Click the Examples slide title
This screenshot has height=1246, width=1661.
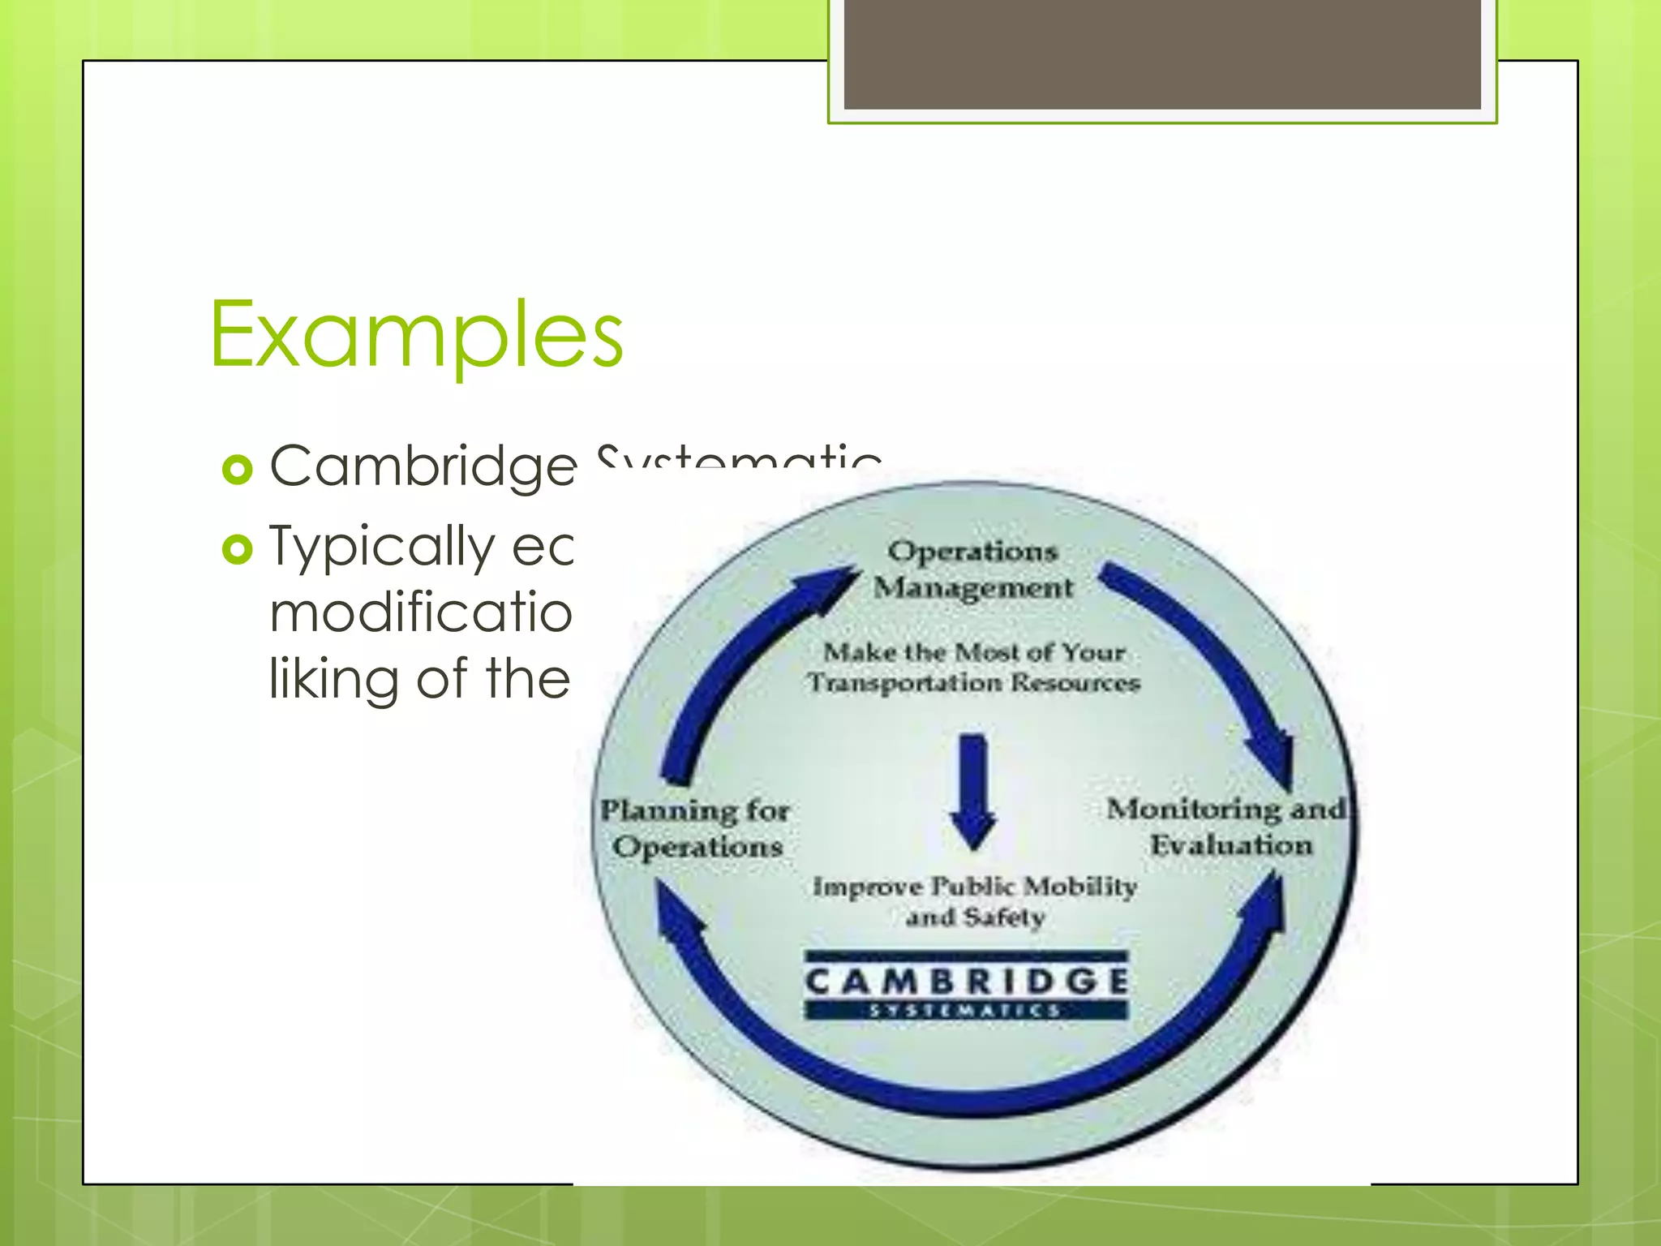[416, 334]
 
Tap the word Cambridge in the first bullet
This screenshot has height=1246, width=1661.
[423, 467]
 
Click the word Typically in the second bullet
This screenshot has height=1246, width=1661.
[381, 547]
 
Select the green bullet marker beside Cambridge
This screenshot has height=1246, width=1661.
[238, 470]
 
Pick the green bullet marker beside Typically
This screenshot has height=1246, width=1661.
[238, 550]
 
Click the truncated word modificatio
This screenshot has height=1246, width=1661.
[421, 612]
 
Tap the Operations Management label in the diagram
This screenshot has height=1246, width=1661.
[973, 569]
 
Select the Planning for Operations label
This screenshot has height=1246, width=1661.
[696, 828]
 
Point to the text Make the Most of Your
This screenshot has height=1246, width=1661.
[974, 652]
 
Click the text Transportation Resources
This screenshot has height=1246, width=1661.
[974, 683]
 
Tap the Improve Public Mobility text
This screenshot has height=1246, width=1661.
[975, 886]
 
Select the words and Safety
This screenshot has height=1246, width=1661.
[975, 917]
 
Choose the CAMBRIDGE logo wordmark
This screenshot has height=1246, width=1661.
[966, 982]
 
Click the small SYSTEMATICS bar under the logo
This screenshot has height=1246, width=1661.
[966, 1011]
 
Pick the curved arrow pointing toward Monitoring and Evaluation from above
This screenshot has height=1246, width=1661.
[1217, 657]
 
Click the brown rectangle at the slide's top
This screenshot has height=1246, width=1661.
[1162, 54]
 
